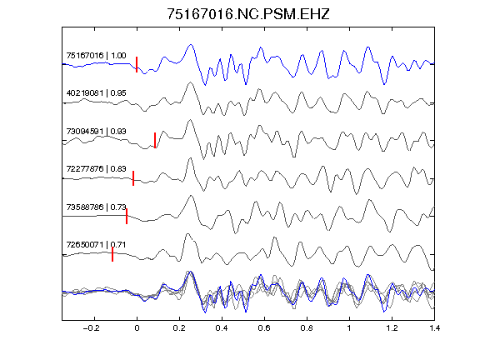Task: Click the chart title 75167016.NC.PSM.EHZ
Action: click(x=248, y=14)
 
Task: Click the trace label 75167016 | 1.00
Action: click(x=96, y=56)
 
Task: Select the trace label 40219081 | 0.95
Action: click(x=96, y=93)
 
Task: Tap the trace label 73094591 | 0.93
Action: click(x=96, y=132)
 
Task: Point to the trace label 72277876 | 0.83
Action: click(x=96, y=169)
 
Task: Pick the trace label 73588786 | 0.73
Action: click(x=96, y=207)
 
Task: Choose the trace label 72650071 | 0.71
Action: click(x=96, y=245)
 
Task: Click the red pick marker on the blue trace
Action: click(x=137, y=64)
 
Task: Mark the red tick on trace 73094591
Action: click(x=155, y=140)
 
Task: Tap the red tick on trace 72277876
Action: click(x=133, y=178)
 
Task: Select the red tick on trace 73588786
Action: click(x=127, y=216)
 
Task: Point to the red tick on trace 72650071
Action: click(x=112, y=254)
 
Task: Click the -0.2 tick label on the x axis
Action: click(x=91, y=328)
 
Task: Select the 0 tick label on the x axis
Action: click(x=137, y=328)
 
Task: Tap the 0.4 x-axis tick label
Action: click(x=222, y=328)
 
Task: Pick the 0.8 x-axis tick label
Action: click(x=307, y=328)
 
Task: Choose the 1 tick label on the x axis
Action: click(x=349, y=328)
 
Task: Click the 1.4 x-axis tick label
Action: click(x=434, y=328)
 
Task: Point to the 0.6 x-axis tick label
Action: click(x=264, y=328)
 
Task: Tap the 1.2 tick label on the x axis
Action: click(x=392, y=328)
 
